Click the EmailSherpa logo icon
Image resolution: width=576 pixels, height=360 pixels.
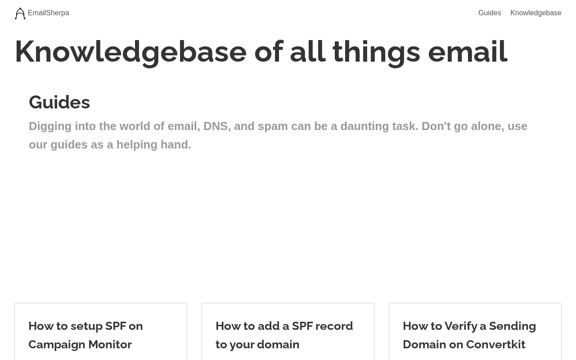pyautogui.click(x=20, y=13)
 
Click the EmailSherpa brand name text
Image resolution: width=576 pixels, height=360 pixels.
pyautogui.click(x=48, y=13)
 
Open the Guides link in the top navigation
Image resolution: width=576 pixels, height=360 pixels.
pyautogui.click(x=490, y=13)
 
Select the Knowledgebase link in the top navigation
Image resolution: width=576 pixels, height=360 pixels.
pyautogui.click(x=536, y=13)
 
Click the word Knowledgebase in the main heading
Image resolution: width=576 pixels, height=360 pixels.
pyautogui.click(x=131, y=52)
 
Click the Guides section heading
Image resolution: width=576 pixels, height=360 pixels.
pyautogui.click(x=59, y=102)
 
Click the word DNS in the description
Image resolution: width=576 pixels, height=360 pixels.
pyautogui.click(x=217, y=126)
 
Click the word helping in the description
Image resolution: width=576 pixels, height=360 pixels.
pyautogui.click(x=137, y=145)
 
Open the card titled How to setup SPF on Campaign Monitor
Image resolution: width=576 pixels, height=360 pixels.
pyautogui.click(x=101, y=332)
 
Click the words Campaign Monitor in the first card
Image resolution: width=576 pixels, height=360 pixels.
pyautogui.click(x=80, y=345)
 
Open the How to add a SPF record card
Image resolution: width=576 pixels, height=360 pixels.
pyautogui.click(x=288, y=332)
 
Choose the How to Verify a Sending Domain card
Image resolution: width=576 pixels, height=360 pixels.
pyautogui.click(x=475, y=332)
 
